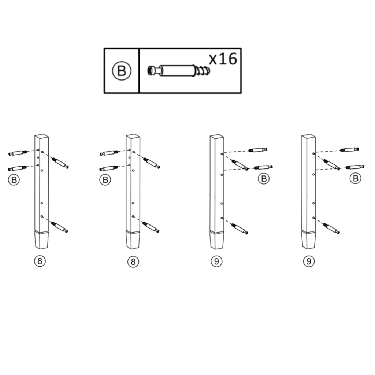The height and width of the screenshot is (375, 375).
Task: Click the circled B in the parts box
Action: click(121, 70)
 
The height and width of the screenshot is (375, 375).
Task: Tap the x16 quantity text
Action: click(223, 59)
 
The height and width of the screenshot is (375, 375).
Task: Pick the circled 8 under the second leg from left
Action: click(133, 261)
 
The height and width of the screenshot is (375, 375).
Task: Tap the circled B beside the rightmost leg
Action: click(355, 178)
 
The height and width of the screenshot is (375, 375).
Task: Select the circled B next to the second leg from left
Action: click(105, 179)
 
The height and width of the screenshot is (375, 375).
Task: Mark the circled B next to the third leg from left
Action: click(263, 178)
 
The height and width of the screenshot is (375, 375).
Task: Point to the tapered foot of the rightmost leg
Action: click(309, 241)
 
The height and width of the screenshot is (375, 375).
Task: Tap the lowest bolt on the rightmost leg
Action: click(331, 227)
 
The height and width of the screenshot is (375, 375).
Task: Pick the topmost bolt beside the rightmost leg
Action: click(349, 149)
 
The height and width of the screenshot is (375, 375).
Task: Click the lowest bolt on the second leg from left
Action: click(151, 227)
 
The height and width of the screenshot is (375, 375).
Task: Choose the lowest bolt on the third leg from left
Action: click(239, 228)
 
